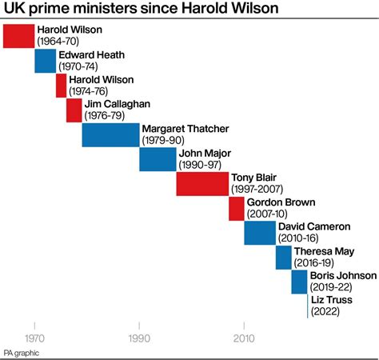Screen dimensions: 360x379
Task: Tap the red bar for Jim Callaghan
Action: [74, 110]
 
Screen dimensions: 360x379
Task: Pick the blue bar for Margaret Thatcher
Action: [110, 135]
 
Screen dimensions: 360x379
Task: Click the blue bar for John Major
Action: [158, 160]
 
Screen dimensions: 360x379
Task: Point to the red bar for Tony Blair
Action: [202, 184]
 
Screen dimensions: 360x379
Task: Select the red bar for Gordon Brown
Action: [236, 209]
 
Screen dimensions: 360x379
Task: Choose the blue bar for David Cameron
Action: [260, 233]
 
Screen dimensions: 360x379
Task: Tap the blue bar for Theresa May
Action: [283, 258]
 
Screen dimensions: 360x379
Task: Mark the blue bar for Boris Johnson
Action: [299, 282]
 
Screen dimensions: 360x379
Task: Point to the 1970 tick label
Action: [34, 338]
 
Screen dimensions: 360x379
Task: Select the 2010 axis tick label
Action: [244, 338]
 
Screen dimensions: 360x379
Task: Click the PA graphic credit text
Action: [21, 353]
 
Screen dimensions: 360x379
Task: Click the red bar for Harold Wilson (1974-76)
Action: [61, 86]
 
